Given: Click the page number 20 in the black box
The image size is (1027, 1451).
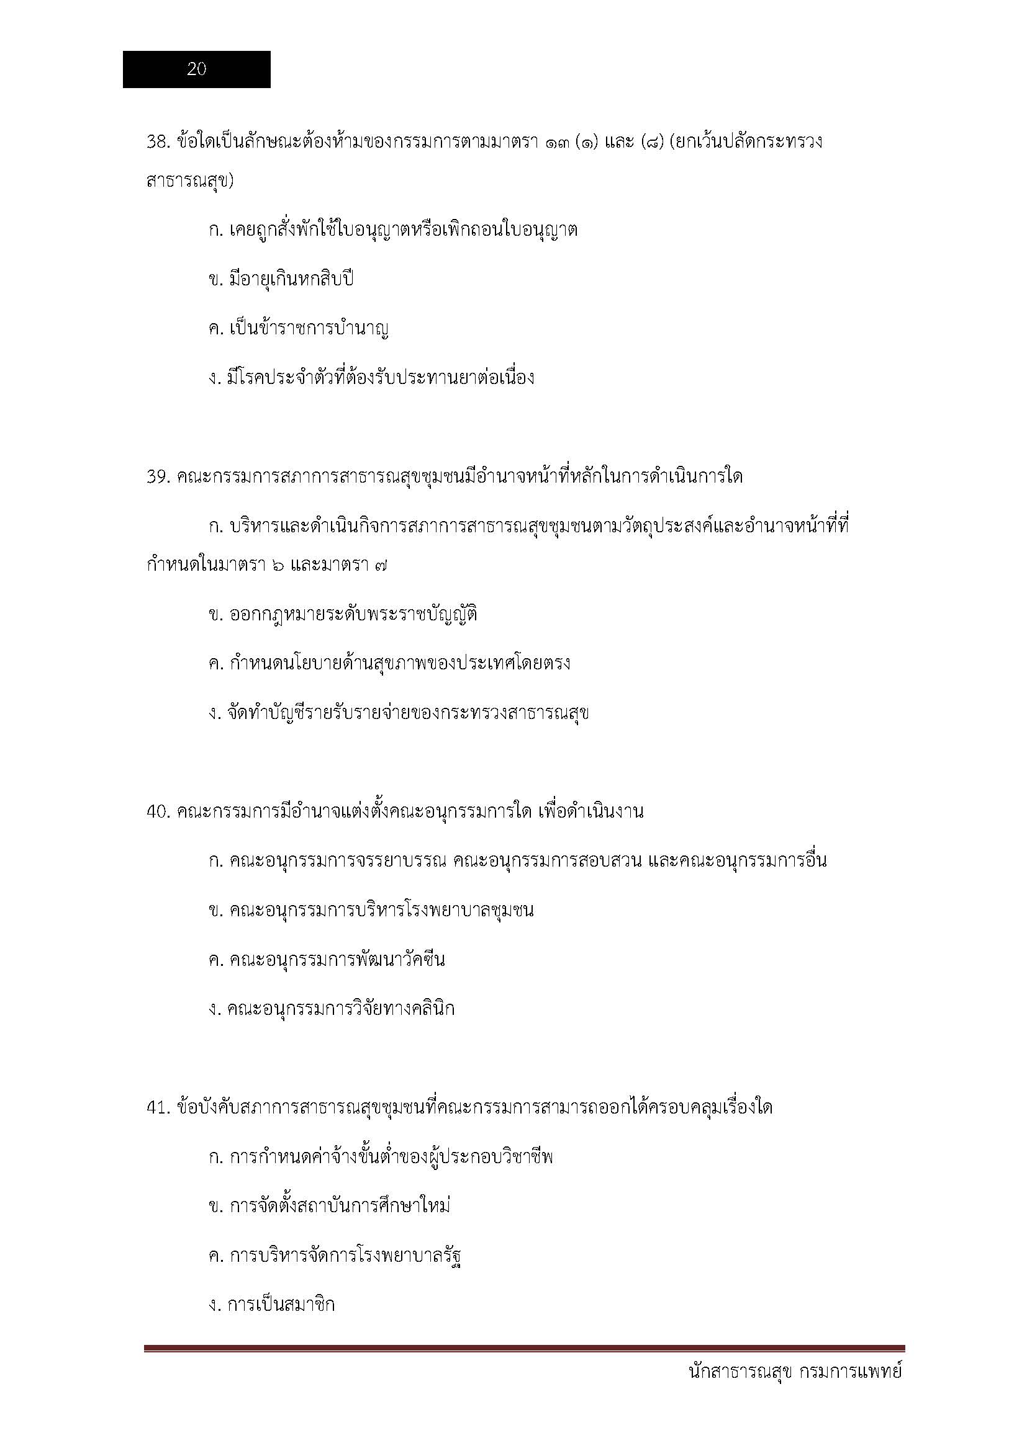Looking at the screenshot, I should point(196,69).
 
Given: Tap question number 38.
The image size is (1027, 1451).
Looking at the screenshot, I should point(158,141).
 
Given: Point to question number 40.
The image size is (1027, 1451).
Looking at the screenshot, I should point(158,812).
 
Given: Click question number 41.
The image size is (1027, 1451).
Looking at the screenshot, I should point(158,1108).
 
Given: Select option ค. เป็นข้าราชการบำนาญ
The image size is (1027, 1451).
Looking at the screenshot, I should point(298,329).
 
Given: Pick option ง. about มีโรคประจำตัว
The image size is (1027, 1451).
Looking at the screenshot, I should point(371,378).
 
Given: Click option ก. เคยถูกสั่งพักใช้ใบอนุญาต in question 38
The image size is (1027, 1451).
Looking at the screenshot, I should point(392,230).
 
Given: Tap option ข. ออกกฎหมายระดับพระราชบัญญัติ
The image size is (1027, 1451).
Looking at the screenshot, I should point(342,614).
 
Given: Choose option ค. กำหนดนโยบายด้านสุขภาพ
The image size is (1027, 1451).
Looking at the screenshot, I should point(389,664).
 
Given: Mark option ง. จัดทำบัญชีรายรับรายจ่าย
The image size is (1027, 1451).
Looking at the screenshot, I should point(399,713).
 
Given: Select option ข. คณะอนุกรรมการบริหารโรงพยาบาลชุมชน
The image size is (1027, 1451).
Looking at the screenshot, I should point(371,911).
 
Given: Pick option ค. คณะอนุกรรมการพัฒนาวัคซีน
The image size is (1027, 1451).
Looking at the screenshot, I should point(327,960).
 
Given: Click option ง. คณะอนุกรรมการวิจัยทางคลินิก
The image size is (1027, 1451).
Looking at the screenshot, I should point(332,1009).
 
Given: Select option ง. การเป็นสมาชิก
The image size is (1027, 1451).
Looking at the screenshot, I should point(271,1305).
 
